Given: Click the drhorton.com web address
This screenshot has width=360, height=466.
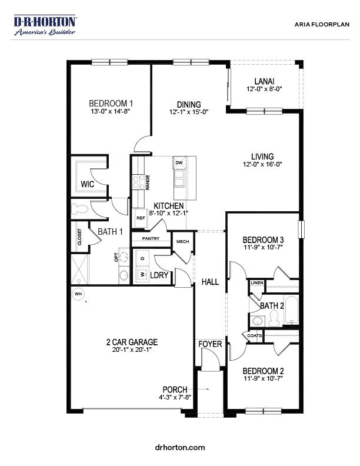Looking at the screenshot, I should (x=180, y=447).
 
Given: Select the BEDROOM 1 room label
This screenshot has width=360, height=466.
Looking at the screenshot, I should (x=111, y=102).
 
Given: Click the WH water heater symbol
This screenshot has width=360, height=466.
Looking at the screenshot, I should (x=78, y=294).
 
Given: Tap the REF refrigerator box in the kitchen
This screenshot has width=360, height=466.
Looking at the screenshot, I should (x=141, y=218).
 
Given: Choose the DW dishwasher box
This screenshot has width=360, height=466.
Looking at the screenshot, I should (x=179, y=162).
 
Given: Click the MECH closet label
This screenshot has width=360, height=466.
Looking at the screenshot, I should (x=182, y=242).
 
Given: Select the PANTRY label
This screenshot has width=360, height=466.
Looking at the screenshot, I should (x=151, y=238).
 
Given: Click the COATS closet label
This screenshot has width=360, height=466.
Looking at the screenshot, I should (x=254, y=336).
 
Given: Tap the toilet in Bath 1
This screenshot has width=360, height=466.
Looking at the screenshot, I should (x=79, y=208).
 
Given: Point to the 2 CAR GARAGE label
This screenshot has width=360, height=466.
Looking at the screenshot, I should (x=132, y=342).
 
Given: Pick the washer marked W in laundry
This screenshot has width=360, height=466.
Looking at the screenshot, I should (x=142, y=274).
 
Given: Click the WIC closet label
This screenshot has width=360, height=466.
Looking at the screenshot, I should (x=87, y=184).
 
